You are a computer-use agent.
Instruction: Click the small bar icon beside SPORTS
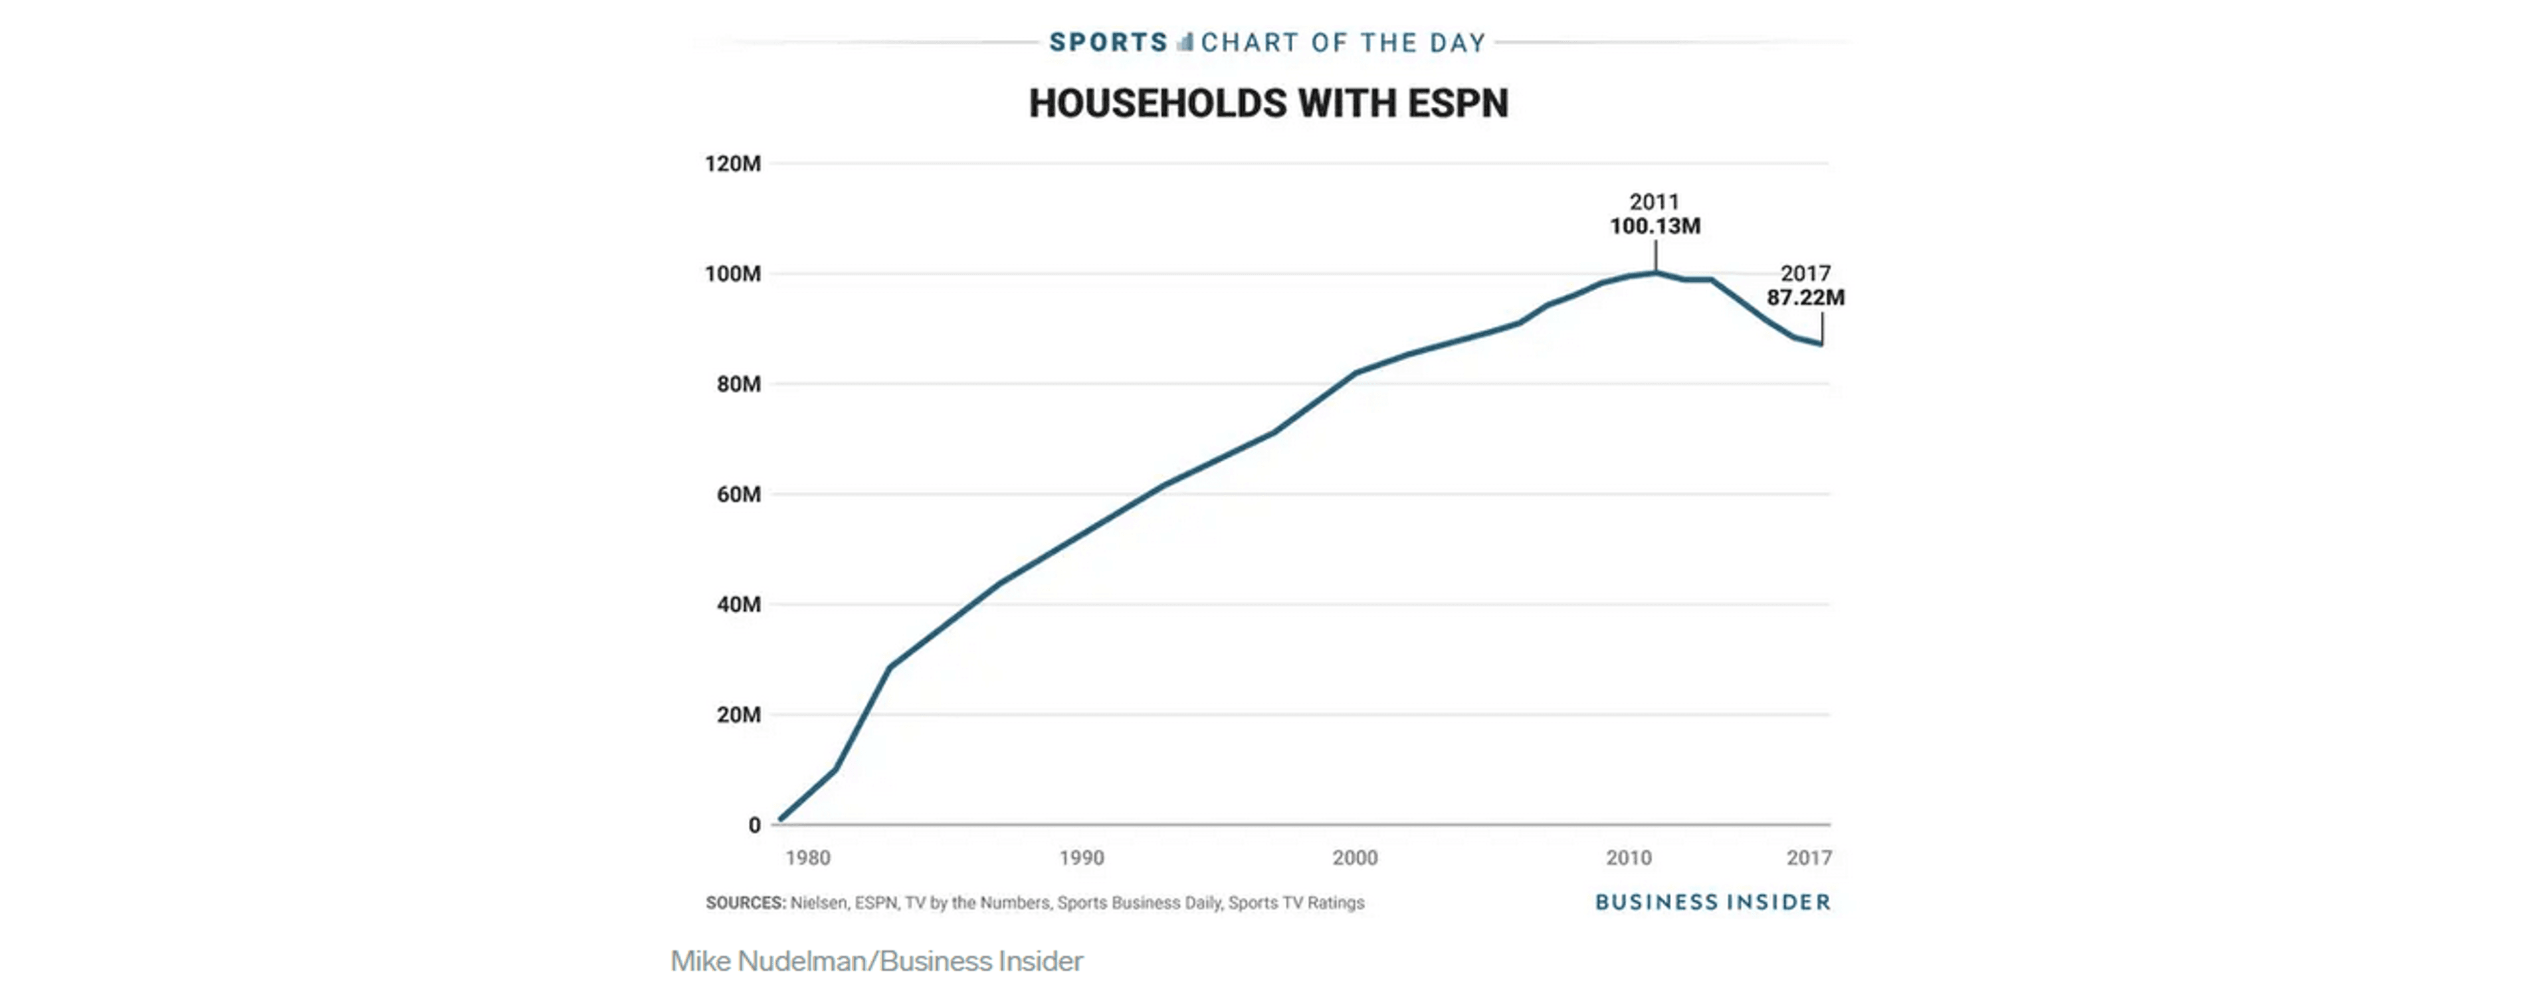pos(1185,42)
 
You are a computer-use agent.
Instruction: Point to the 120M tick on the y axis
pos(733,163)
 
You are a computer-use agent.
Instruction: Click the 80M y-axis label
pos(738,384)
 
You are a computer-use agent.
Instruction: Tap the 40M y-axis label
pos(738,605)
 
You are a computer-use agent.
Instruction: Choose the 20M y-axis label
pos(738,714)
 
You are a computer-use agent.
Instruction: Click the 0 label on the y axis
pos(754,825)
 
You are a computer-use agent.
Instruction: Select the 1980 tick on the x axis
pos(807,859)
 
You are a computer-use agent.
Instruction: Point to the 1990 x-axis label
pos(1081,859)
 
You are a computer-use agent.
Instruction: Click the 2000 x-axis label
pos(1355,859)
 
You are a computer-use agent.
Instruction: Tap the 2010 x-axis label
pos(1628,859)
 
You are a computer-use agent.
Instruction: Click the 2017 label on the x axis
pos(1808,859)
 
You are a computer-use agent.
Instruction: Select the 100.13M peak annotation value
pos(1655,226)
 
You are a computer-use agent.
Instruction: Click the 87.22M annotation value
pos(1805,297)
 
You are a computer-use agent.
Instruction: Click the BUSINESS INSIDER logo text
pos(1712,902)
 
